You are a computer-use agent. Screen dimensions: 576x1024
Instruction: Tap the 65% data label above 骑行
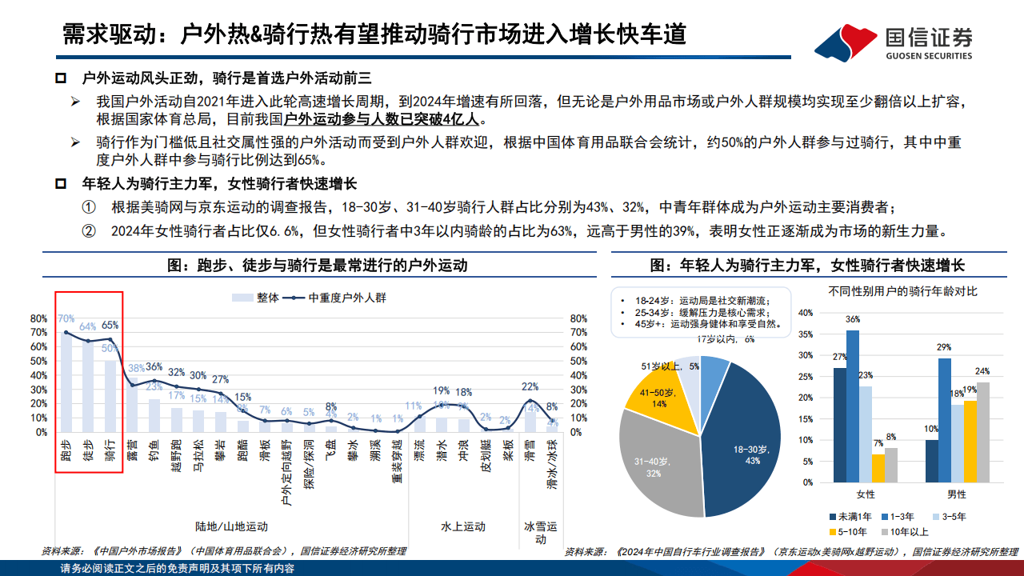[x=110, y=326]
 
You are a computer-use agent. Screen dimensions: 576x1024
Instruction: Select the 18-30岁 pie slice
[x=739, y=432]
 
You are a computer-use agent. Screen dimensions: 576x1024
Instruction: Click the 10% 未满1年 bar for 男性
[x=932, y=462]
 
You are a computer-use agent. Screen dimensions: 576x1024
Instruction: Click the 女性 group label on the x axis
[x=866, y=494]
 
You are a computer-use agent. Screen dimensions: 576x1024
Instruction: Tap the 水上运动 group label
[x=463, y=526]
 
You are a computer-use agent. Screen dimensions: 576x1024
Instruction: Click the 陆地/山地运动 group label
[x=231, y=526]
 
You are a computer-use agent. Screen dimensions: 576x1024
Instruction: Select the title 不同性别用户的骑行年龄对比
[x=902, y=290]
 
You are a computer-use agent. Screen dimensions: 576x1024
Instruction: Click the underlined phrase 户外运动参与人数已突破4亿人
[x=382, y=120]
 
